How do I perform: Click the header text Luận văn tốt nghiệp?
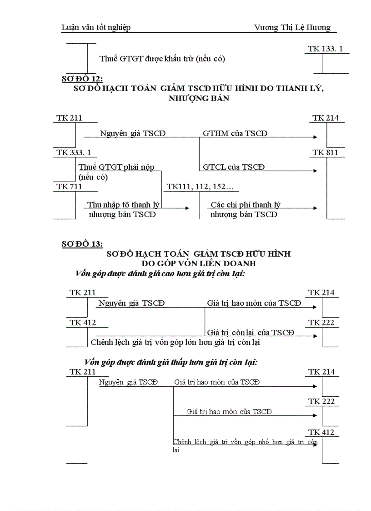point(96,27)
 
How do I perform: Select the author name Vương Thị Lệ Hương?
point(292,27)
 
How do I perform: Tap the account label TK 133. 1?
point(325,49)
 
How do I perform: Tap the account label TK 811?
point(326,152)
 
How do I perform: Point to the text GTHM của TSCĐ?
point(235,133)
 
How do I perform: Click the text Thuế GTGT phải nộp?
point(116,167)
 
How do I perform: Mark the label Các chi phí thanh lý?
point(246,205)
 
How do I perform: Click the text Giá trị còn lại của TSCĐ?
point(251,333)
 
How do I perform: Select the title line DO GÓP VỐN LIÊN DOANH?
point(198,263)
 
